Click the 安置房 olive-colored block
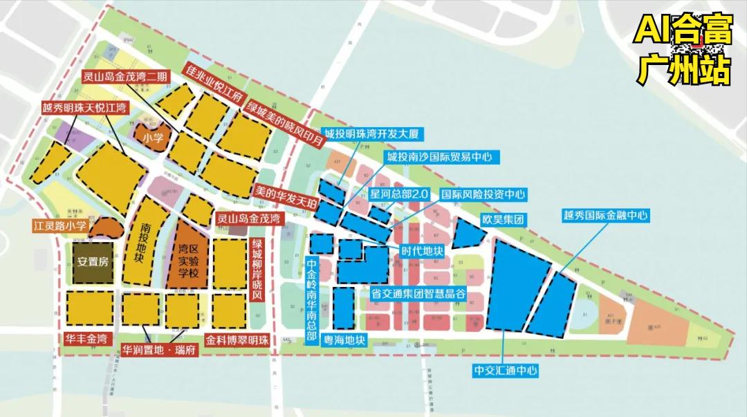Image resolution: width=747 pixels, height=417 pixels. (93, 263)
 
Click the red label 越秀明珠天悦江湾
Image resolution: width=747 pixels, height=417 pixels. (84, 108)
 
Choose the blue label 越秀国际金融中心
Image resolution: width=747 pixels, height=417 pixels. (605, 216)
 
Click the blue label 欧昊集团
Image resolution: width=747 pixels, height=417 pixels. (503, 219)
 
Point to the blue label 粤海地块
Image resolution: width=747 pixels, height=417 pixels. (344, 340)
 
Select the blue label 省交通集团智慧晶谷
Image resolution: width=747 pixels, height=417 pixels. (417, 293)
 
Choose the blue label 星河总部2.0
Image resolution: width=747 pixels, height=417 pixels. (400, 194)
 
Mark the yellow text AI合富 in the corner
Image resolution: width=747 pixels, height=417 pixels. (683, 32)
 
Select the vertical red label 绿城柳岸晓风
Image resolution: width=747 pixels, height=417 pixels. (257, 270)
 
